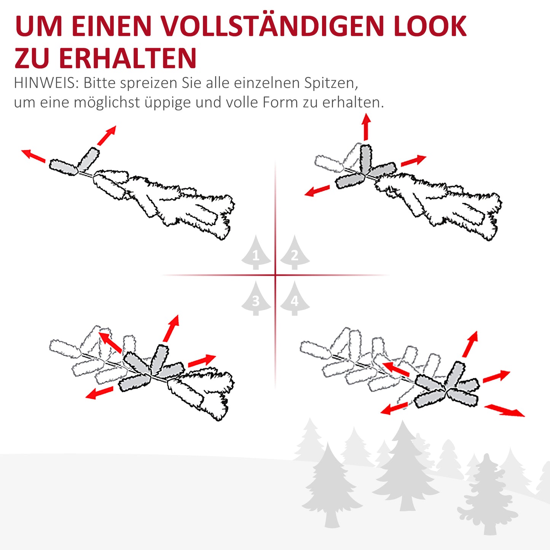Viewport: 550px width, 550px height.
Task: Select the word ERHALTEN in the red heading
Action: point(128,58)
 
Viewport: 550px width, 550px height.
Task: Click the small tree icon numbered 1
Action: point(256,253)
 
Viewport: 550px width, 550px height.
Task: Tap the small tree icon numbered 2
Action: point(295,253)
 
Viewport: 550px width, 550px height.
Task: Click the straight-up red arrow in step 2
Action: point(366,127)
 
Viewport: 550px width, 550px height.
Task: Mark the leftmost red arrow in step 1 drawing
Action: point(33,156)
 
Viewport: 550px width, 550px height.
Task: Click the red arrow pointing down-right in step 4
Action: point(505,410)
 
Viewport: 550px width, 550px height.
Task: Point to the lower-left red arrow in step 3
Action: point(99,393)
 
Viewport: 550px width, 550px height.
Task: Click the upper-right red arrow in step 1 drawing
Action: point(107,136)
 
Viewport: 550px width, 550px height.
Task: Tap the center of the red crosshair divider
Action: point(275,275)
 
